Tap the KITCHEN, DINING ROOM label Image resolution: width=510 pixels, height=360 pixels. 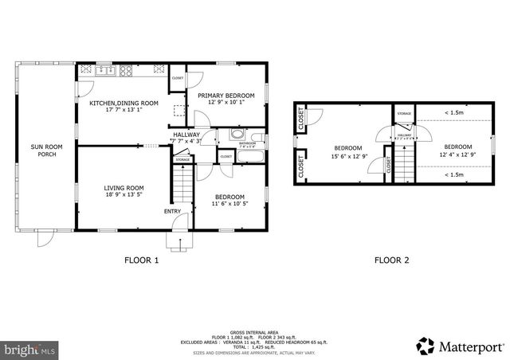coord(124,103)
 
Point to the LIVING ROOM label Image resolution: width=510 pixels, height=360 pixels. coord(124,188)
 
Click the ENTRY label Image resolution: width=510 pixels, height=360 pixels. coord(172,211)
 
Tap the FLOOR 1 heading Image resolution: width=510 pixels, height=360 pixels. coord(141,260)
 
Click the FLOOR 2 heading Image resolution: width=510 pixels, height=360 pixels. coord(391,260)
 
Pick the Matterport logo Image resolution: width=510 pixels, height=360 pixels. coord(461,345)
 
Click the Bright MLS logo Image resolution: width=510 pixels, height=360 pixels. coord(30,349)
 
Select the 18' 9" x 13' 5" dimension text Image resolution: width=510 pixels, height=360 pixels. coord(124,196)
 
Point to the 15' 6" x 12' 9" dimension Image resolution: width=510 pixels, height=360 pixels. coord(348,156)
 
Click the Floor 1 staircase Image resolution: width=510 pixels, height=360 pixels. coord(183,188)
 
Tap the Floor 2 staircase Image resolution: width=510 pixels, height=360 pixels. coord(405,162)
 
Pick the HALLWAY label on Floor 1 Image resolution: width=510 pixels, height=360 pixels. coord(186,135)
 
